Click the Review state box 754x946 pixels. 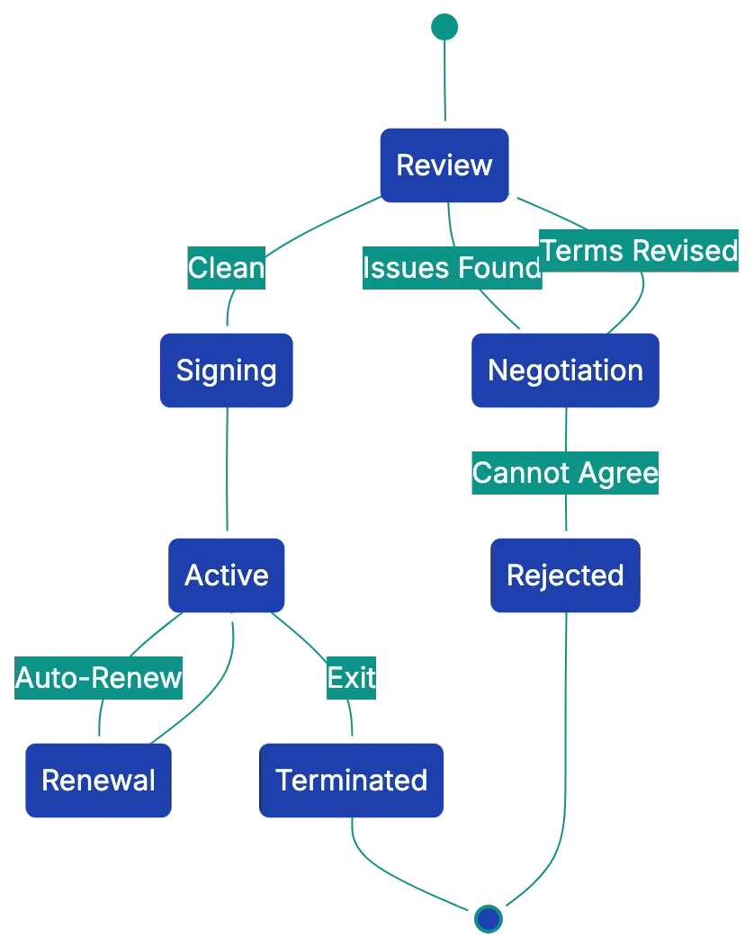coord(444,165)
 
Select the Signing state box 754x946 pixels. coord(226,370)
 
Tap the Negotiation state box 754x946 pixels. coord(565,370)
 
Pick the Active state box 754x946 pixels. coord(226,576)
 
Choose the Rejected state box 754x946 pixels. coord(565,576)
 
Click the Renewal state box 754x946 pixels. coord(98,780)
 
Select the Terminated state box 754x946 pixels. coord(352,780)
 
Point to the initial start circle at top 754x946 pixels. coord(444,27)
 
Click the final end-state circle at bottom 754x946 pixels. coord(488,918)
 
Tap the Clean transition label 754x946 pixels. coord(226,268)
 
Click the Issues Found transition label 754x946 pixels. coord(452,268)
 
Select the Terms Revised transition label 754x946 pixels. coord(640,250)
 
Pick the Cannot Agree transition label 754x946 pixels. coord(565,472)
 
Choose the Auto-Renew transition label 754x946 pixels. coord(99,677)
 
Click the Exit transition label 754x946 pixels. coord(351,677)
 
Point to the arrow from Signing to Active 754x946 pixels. coord(226,468)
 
